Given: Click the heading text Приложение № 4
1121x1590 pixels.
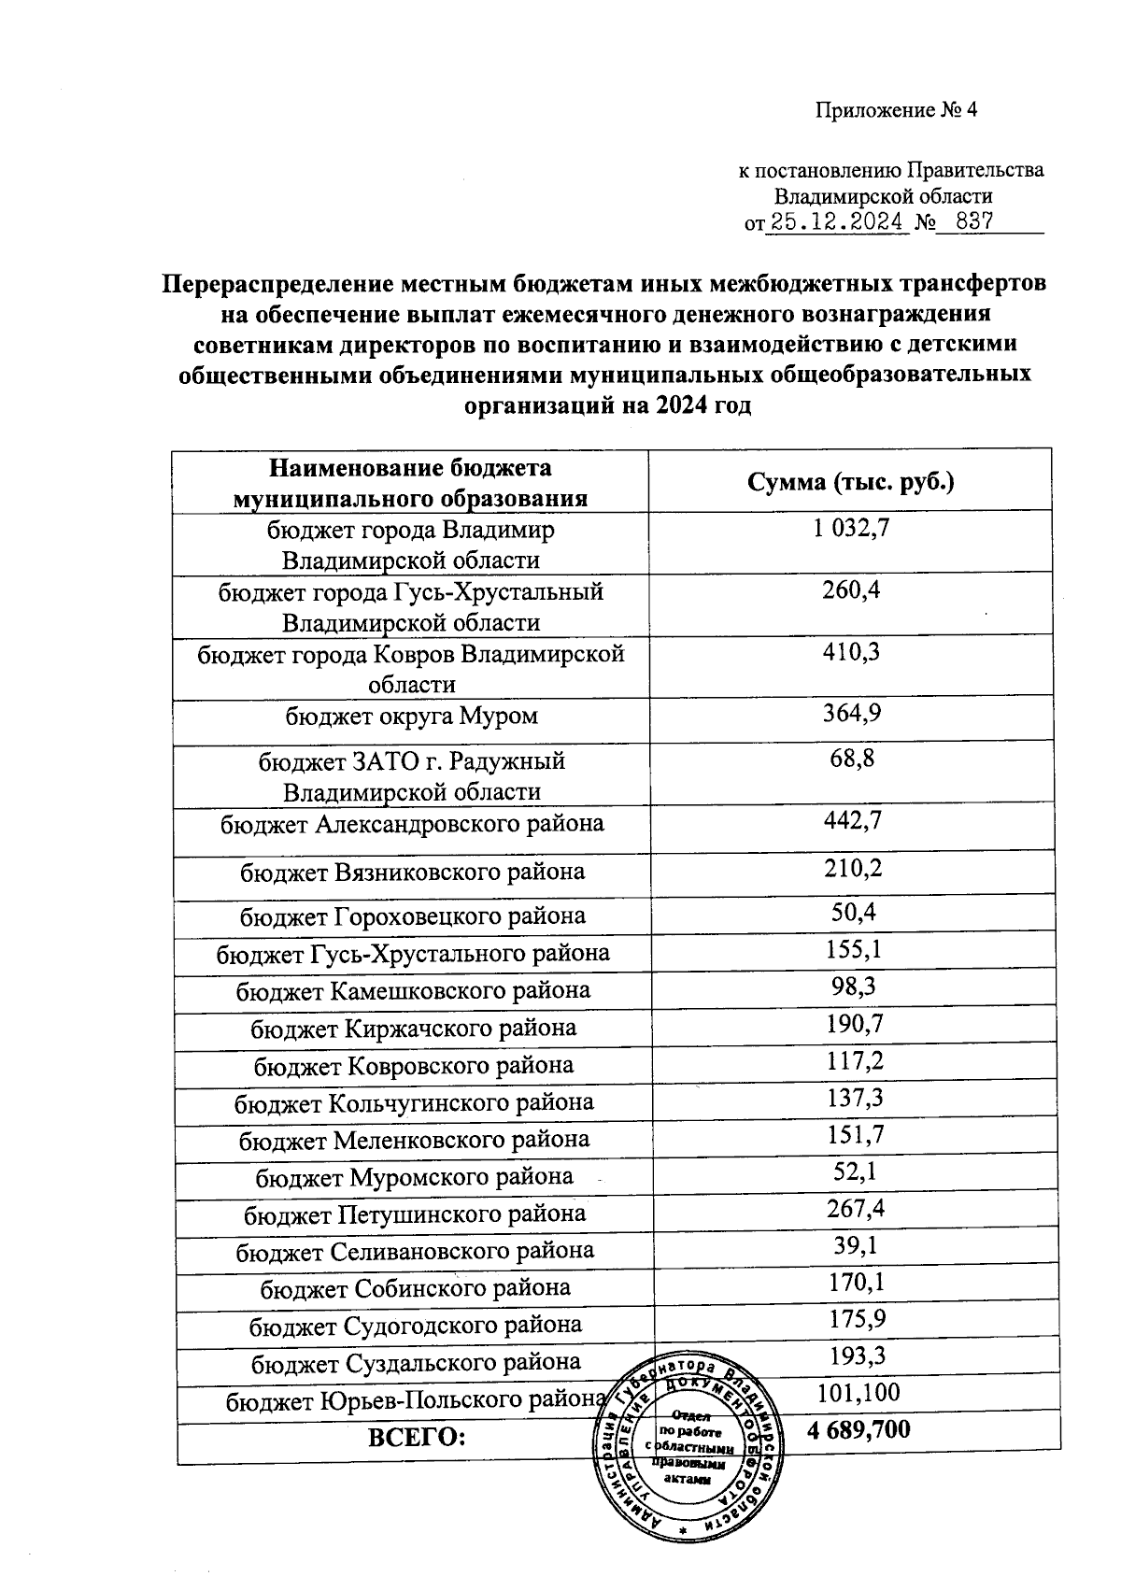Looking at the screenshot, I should click(896, 111).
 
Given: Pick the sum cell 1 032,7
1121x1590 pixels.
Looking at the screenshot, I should click(851, 529).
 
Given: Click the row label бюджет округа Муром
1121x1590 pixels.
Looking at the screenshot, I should click(412, 717).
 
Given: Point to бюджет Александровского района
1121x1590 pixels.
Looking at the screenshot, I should click(412, 824).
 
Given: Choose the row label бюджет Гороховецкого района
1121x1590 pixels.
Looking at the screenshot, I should click(413, 916).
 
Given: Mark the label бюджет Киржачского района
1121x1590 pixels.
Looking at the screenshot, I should click(413, 1029).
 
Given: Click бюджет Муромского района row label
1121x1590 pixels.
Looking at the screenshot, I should click(415, 1177).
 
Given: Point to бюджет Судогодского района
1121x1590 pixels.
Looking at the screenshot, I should click(415, 1326).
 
